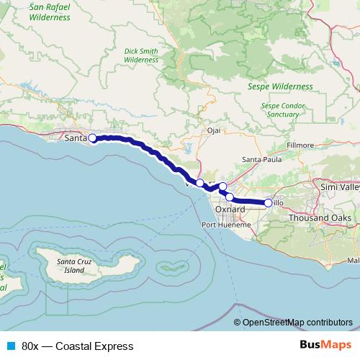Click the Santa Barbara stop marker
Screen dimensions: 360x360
pyautogui.click(x=92, y=138)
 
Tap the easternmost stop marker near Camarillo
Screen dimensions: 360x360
pyautogui.click(x=269, y=203)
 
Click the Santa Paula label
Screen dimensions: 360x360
pyautogui.click(x=261, y=159)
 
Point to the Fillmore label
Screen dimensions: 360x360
pyautogui.click(x=300, y=145)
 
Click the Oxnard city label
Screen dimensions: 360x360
pyautogui.click(x=230, y=210)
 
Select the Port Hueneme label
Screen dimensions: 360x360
pyautogui.click(x=226, y=225)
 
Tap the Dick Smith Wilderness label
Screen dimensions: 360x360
pyautogui.click(x=140, y=55)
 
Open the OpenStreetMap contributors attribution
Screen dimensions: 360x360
pyautogui.click(x=297, y=323)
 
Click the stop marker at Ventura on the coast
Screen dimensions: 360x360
pyautogui.click(x=200, y=184)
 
